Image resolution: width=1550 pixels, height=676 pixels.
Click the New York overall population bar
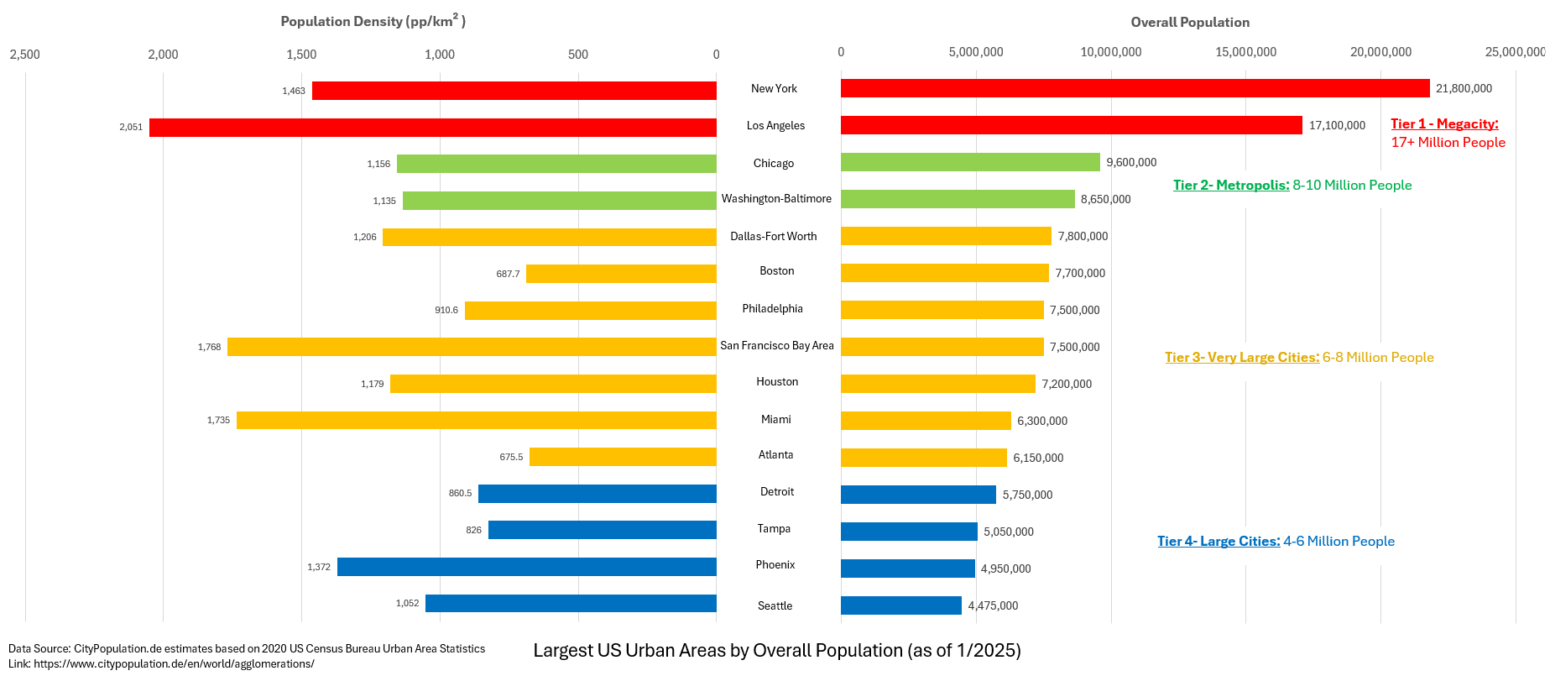click(1135, 88)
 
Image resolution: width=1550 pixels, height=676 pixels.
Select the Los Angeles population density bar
click(433, 128)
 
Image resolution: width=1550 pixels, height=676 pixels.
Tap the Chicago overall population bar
click(970, 162)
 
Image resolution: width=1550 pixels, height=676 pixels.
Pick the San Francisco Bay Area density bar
click(472, 347)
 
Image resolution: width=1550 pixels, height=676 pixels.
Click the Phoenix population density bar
click(527, 567)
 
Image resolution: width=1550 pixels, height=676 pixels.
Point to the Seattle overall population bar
click(901, 605)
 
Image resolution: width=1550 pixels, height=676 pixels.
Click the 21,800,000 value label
click(1464, 88)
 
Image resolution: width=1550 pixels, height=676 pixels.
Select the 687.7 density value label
click(508, 274)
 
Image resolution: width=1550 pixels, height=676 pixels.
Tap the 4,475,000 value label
click(993, 605)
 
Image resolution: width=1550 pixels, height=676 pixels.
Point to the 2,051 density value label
click(131, 128)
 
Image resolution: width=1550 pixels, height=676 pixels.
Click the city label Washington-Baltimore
click(776, 199)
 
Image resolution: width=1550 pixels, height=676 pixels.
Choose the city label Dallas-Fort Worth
click(773, 236)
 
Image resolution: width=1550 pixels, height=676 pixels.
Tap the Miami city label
click(775, 419)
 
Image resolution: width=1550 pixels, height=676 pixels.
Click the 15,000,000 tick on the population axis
click(1245, 52)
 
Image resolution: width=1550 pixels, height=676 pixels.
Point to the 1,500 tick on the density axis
click(301, 55)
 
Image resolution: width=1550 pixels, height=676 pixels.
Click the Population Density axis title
click(373, 20)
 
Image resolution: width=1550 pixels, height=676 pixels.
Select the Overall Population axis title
click(1190, 22)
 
